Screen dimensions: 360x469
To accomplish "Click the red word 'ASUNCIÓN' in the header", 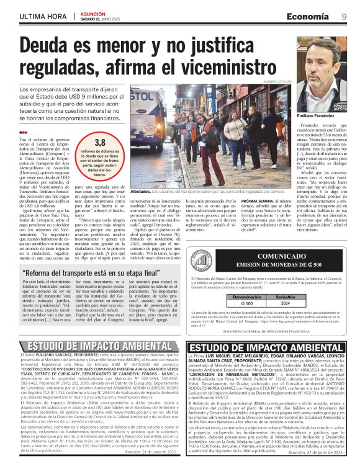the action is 94,13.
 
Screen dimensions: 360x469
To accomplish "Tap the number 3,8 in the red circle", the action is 100,142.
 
